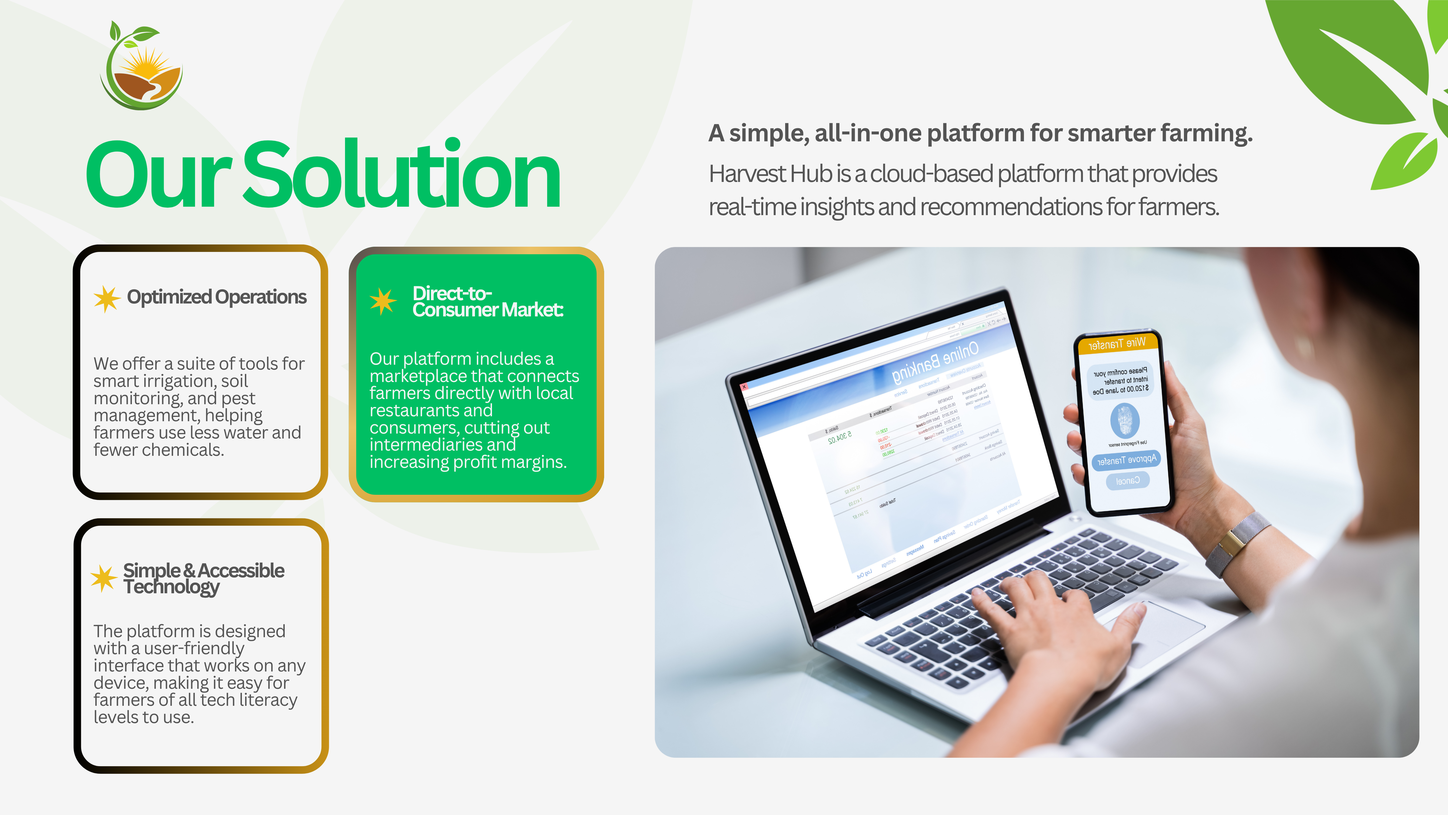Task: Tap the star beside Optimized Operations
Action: click(107, 298)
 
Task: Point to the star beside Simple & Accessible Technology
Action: click(104, 578)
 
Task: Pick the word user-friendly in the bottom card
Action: click(194, 648)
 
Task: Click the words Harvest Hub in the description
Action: click(770, 174)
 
